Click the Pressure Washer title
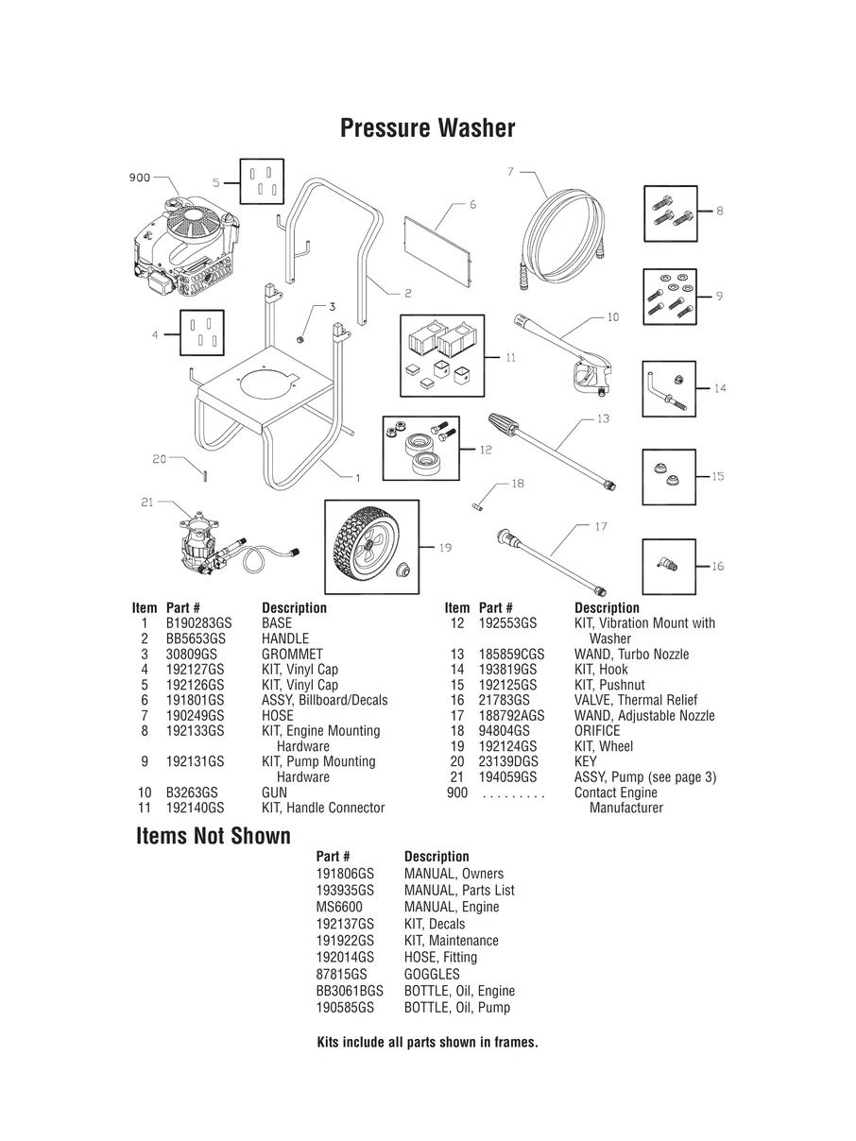point(427,128)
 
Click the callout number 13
point(603,417)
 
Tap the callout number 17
point(601,526)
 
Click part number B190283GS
point(198,623)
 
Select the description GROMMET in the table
point(292,654)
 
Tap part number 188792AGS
point(512,716)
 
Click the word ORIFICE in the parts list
point(597,731)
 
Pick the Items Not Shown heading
point(214,836)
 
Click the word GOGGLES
point(432,974)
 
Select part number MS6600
point(339,907)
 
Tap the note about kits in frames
point(427,1043)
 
